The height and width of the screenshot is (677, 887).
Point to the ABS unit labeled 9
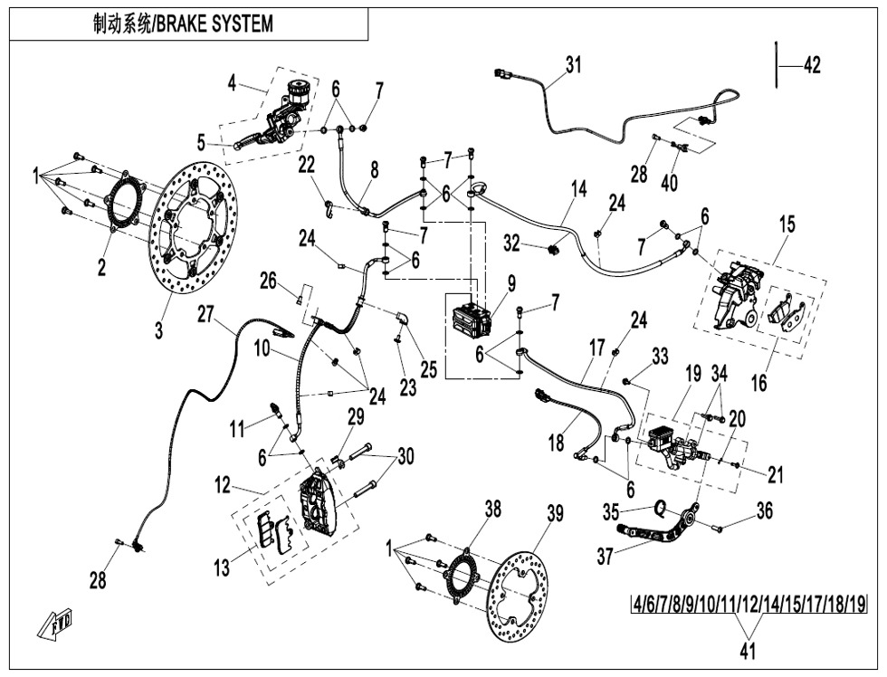coord(471,320)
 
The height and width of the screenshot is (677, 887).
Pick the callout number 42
coord(811,65)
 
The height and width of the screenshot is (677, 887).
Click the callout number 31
coord(573,65)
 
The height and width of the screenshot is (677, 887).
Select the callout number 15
coord(787,224)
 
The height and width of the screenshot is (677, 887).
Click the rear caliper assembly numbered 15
coord(739,290)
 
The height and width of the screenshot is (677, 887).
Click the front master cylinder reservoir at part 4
coord(296,91)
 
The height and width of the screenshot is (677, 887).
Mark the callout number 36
coord(765,511)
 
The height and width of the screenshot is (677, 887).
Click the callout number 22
coord(308,164)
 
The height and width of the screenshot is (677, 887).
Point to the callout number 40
coord(669,182)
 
